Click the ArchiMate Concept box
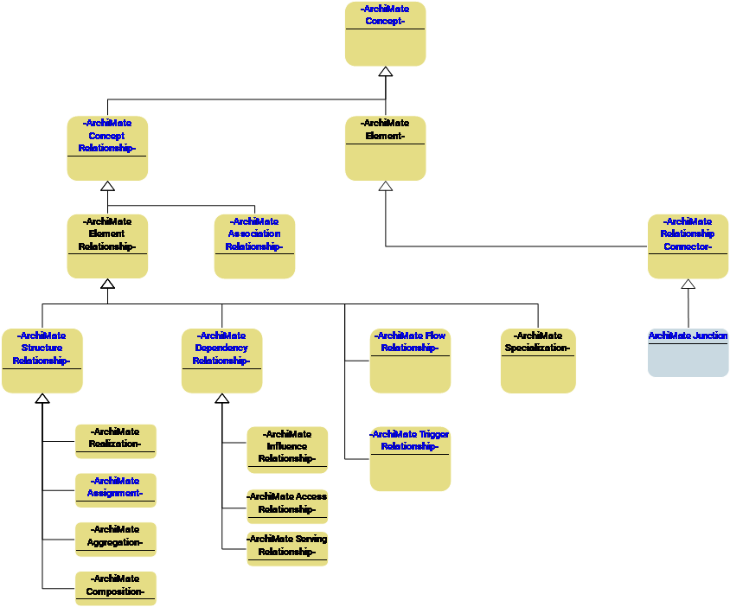(385, 34)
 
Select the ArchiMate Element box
(385, 148)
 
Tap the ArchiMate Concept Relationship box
(107, 148)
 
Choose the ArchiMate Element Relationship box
(107, 246)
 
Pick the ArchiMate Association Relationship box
(254, 246)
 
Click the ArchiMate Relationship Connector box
(688, 246)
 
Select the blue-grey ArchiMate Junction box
(688, 352)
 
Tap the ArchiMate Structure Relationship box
(42, 361)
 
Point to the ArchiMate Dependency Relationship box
(221, 361)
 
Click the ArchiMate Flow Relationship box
(410, 361)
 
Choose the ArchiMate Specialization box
(538, 361)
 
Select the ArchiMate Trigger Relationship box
(410, 458)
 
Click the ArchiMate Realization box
(115, 441)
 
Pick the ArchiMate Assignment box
(115, 490)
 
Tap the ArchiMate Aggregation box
(115, 539)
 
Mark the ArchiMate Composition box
(115, 588)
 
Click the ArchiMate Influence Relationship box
(287, 450)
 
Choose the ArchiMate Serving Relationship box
(287, 549)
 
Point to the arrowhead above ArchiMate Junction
(688, 284)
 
